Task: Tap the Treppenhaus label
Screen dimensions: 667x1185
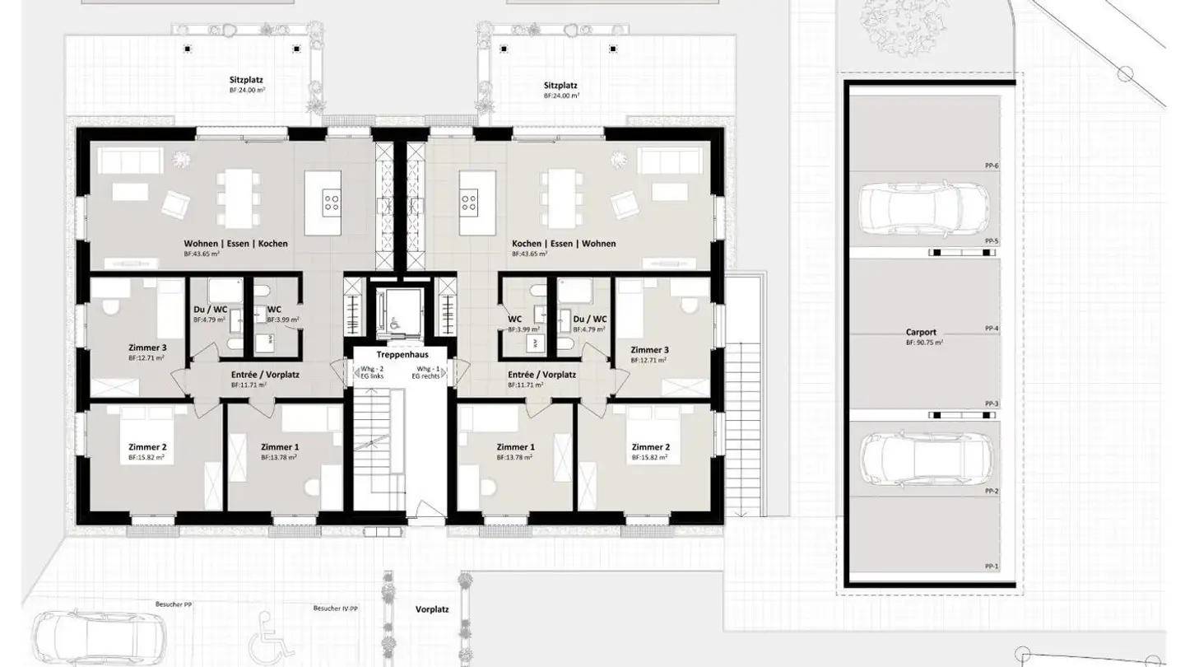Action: (x=397, y=354)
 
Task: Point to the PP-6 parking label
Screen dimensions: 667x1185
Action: (x=991, y=166)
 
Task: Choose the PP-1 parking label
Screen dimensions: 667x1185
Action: (x=991, y=567)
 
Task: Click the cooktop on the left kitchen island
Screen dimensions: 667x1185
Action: (x=332, y=199)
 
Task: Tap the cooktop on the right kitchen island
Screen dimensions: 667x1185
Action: (x=469, y=199)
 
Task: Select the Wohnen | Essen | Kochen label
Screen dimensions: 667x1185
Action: (x=235, y=244)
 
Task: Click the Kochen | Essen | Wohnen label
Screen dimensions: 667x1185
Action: (x=564, y=244)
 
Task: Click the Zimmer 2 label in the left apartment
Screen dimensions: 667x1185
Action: (x=145, y=446)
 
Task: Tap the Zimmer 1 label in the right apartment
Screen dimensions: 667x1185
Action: (x=513, y=446)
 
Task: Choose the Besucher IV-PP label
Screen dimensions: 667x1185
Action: (x=336, y=609)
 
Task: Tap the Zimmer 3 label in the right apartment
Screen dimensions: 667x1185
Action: (x=648, y=349)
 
